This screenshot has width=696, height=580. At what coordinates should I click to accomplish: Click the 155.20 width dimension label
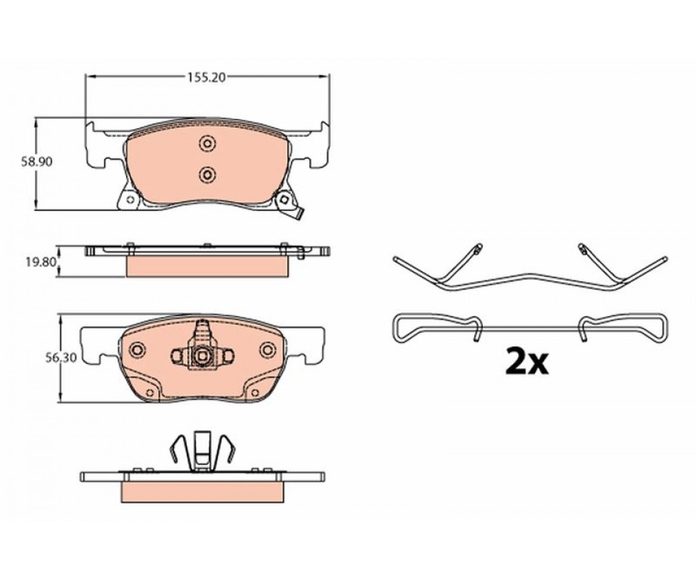click(x=207, y=78)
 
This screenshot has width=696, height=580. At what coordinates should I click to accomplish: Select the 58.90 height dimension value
click(x=37, y=162)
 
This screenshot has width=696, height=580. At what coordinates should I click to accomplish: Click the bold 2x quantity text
click(x=527, y=363)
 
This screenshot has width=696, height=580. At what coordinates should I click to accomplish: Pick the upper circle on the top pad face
click(x=207, y=144)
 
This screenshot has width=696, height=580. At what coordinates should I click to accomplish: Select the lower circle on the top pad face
click(x=207, y=175)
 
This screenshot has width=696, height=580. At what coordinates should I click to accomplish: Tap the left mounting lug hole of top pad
click(x=130, y=199)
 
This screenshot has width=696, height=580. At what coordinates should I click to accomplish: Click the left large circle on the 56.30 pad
click(x=138, y=349)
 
